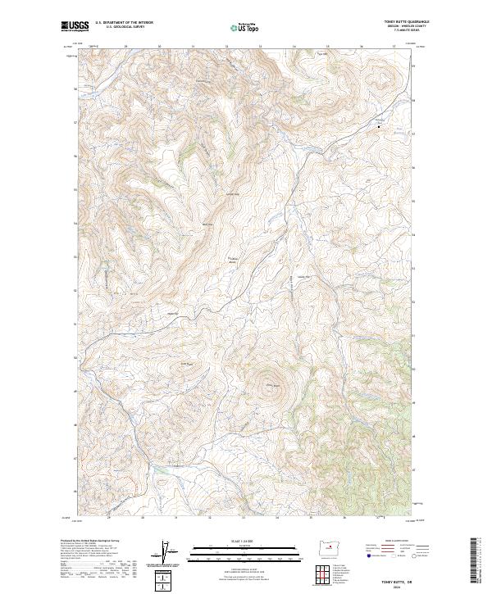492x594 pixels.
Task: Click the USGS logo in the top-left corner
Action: (x=75, y=26)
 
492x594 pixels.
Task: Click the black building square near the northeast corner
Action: (x=379, y=126)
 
